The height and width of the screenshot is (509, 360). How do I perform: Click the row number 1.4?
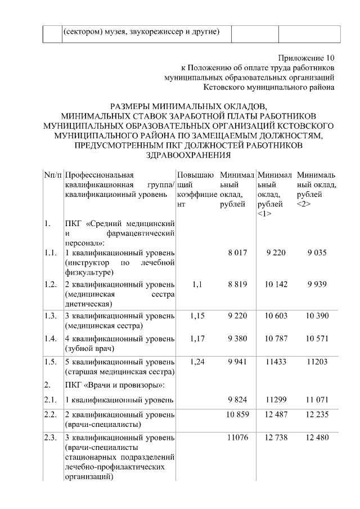(x=51, y=338)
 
